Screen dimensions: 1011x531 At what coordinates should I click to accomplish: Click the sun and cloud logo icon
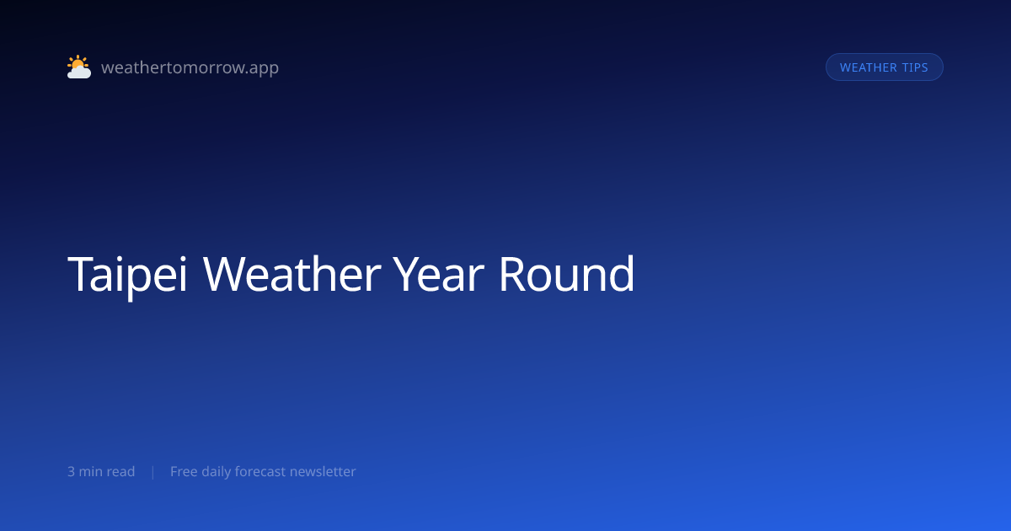pyautogui.click(x=79, y=67)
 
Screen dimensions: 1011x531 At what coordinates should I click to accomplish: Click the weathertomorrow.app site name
pyautogui.click(x=190, y=67)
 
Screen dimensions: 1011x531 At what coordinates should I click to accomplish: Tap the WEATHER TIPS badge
pyautogui.click(x=884, y=67)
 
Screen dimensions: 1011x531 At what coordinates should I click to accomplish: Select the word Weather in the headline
pyautogui.click(x=292, y=274)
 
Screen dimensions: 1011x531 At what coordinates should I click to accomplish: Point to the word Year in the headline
pyautogui.click(x=438, y=274)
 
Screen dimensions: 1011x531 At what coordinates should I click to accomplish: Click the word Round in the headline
pyautogui.click(x=566, y=274)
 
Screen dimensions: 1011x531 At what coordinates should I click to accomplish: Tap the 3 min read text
pyautogui.click(x=101, y=471)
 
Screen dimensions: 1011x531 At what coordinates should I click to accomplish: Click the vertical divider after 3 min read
pyautogui.click(x=153, y=472)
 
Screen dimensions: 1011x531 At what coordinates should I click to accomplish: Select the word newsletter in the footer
pyautogui.click(x=323, y=471)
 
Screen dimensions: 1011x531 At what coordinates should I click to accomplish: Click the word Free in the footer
pyautogui.click(x=184, y=471)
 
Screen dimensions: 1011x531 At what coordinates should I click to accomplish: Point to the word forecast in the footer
pyautogui.click(x=260, y=471)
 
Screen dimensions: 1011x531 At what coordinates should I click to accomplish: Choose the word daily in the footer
pyautogui.click(x=216, y=472)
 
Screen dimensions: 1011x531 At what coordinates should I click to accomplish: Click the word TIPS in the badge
pyautogui.click(x=915, y=67)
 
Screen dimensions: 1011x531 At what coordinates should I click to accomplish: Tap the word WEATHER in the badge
pyautogui.click(x=869, y=67)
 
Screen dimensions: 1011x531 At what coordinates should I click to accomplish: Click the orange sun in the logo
pyautogui.click(x=78, y=62)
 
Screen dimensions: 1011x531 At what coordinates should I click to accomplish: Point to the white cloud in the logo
pyautogui.click(x=79, y=72)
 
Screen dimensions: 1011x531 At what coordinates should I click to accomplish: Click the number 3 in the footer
pyautogui.click(x=71, y=472)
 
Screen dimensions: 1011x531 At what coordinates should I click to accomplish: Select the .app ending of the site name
pyautogui.click(x=263, y=68)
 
